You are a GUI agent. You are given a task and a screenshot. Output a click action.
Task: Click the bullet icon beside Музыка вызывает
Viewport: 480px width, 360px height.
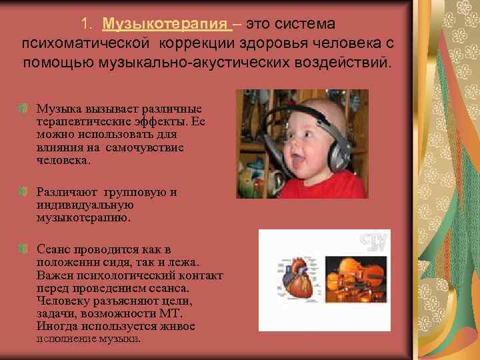[x=23, y=108]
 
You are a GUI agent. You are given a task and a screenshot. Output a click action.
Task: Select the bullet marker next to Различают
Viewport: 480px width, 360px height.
[x=23, y=192]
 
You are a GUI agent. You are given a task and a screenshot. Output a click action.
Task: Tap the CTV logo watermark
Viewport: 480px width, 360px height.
[x=373, y=241]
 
